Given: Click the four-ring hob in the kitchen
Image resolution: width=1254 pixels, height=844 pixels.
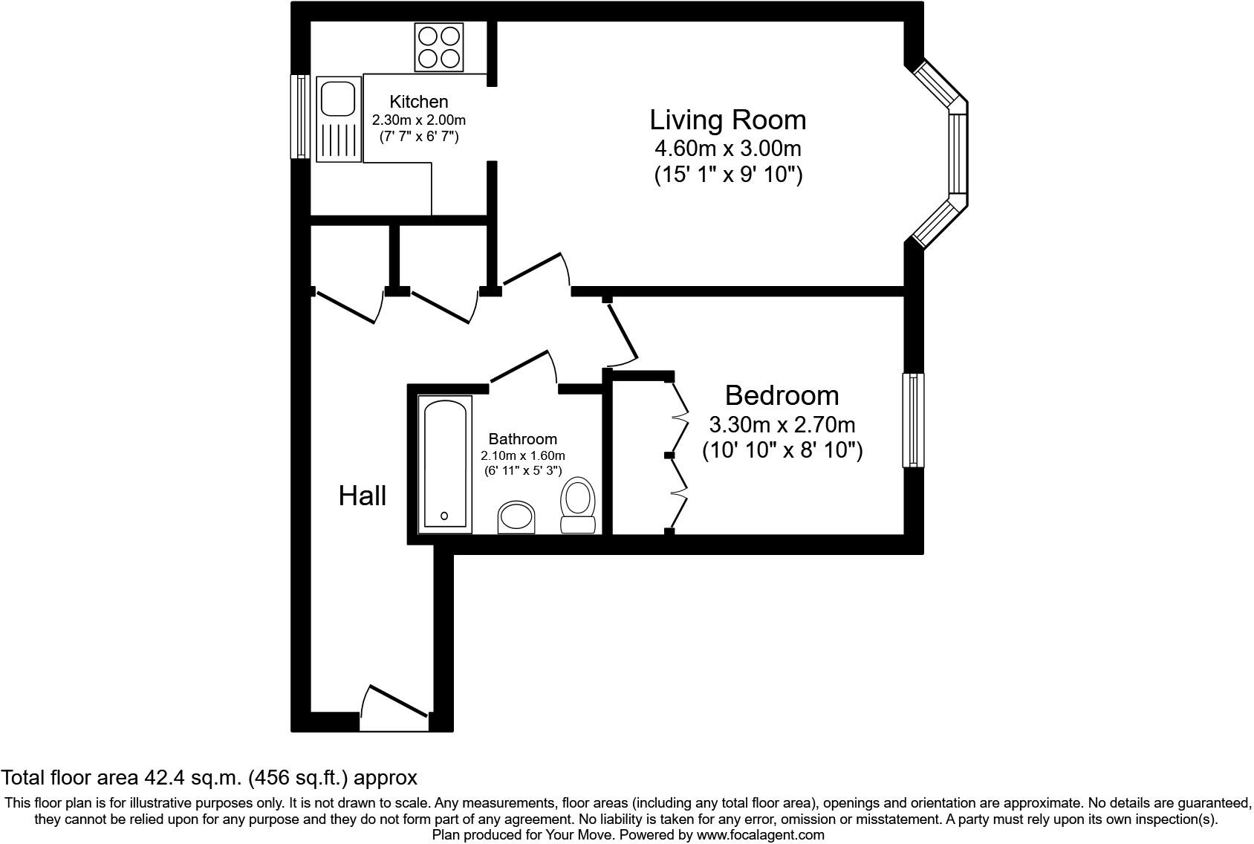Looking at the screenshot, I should point(439,46).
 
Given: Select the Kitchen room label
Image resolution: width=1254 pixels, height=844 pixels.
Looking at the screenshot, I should point(419,102).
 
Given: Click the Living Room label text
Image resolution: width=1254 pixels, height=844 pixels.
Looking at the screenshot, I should point(727,120).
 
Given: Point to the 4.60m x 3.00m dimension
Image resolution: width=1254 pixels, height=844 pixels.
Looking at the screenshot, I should point(727,148).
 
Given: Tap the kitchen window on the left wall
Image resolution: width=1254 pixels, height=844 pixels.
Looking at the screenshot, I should point(300,117).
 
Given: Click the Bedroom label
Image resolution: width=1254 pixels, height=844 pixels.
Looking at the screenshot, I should point(782,395).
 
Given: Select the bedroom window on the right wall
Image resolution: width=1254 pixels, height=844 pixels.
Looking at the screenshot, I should point(913,420).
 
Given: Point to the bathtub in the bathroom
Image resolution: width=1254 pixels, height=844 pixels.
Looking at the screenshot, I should point(445,464).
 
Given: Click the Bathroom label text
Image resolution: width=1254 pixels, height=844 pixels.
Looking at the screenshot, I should point(522,439).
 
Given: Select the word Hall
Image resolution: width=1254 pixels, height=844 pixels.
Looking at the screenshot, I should point(363,496).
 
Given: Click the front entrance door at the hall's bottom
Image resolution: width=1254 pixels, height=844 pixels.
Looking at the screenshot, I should point(394,706).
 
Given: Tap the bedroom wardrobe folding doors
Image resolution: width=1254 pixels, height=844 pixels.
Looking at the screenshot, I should point(678,455).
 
